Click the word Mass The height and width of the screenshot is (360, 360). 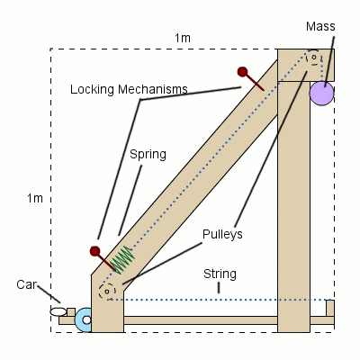click(319, 26)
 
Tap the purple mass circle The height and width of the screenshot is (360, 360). click(321, 93)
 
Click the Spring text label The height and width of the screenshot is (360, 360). click(148, 154)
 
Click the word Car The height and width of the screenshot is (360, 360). click(27, 284)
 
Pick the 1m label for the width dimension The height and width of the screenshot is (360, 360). click(183, 37)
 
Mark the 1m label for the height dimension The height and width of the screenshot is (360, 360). click(33, 197)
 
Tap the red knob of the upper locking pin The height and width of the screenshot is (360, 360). click(242, 72)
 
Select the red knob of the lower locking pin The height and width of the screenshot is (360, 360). click(95, 251)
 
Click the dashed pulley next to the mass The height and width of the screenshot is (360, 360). click(314, 58)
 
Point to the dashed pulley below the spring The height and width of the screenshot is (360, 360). click(107, 291)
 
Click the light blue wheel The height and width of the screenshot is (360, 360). click(85, 319)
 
